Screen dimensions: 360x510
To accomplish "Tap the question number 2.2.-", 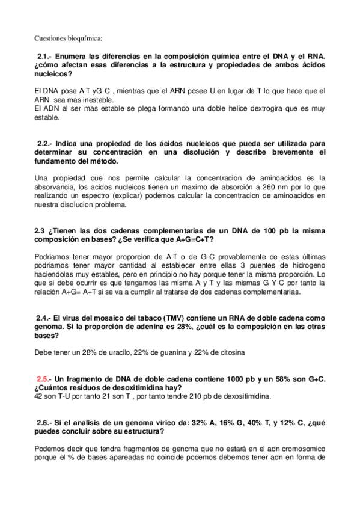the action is (x=46, y=144).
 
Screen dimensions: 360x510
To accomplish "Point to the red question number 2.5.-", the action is (x=44, y=379).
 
